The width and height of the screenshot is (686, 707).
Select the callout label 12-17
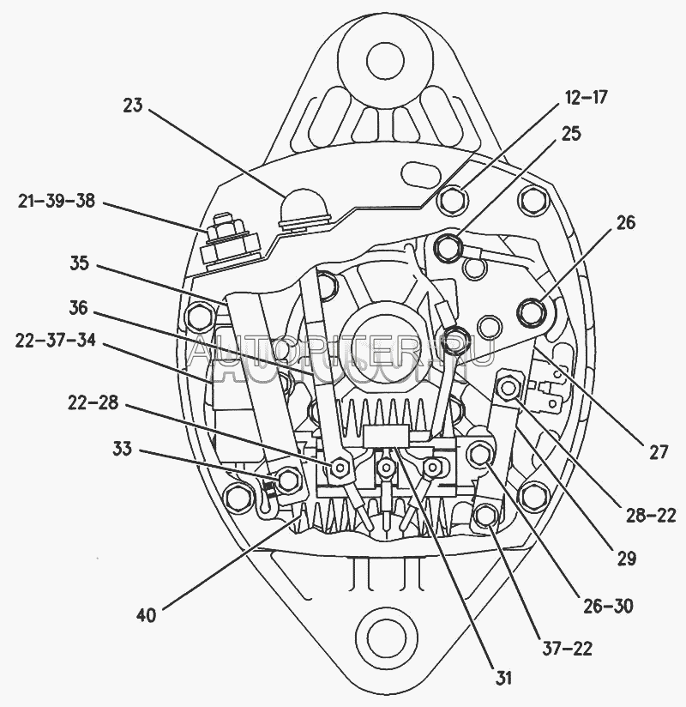587,97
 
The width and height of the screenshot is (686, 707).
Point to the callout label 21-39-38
56,202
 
